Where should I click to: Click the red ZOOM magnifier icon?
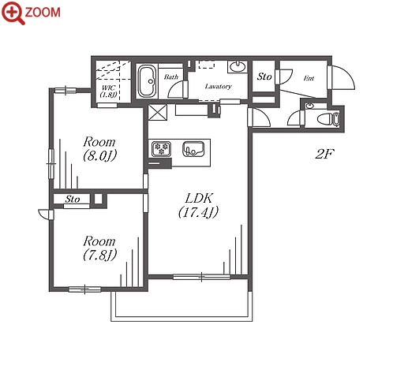pyautogui.click(x=13, y=13)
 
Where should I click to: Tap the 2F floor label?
pyautogui.click(x=324, y=154)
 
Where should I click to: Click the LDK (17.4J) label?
pyautogui.click(x=199, y=205)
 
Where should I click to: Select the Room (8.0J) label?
pyautogui.click(x=99, y=149)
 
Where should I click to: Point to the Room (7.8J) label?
pyautogui.click(x=99, y=248)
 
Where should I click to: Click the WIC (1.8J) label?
pyautogui.click(x=108, y=91)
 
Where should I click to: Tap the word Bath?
pyautogui.click(x=171, y=77)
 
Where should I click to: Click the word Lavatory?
pyautogui.click(x=219, y=86)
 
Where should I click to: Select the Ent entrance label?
pyautogui.click(x=309, y=78)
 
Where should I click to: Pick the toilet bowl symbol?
pyautogui.click(x=325, y=119)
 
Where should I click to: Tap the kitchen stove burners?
pyautogui.click(x=161, y=149)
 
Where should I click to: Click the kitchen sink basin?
pyautogui.click(x=193, y=149)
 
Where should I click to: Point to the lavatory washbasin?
pyautogui.click(x=238, y=66)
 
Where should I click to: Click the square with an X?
pyautogui.click(x=157, y=112)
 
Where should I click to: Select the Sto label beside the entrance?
pyautogui.click(x=264, y=77)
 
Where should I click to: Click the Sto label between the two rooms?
pyautogui.click(x=73, y=199)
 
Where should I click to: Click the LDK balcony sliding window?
pyautogui.click(x=201, y=277)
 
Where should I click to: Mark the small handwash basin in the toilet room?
pyautogui.click(x=311, y=106)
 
